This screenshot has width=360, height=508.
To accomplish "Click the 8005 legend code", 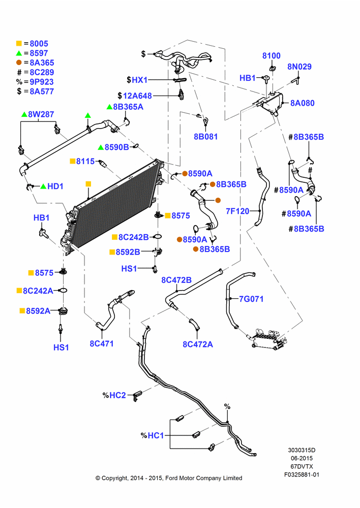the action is point(39,43).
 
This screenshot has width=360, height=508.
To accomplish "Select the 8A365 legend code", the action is point(42,62).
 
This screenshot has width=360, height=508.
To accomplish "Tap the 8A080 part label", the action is point(302,103).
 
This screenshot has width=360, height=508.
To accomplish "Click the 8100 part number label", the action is point(272,56).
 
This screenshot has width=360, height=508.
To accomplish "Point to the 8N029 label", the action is point(299,67).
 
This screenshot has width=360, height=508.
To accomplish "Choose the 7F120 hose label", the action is point(237,211).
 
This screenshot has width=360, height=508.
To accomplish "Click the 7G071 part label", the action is point(251,299).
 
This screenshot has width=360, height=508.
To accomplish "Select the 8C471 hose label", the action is point(102,343).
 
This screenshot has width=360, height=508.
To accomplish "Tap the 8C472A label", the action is point(198,344).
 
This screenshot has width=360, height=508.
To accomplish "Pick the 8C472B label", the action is point(176,280).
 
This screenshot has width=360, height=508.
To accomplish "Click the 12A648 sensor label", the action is point(137,96).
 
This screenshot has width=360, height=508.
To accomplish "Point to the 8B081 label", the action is point(205,137).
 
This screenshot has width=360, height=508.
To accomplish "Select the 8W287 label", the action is point(41,114).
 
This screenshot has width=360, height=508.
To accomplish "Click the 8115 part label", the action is point(85,161).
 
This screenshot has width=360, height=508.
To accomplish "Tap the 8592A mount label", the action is point(38,311).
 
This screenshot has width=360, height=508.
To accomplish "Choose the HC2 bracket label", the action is point(117,395).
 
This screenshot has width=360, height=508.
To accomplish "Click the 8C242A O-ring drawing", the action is point(64,291).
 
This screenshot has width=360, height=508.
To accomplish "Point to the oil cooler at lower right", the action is point(267,339).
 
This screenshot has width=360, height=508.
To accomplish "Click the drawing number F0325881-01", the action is point(302,474).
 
